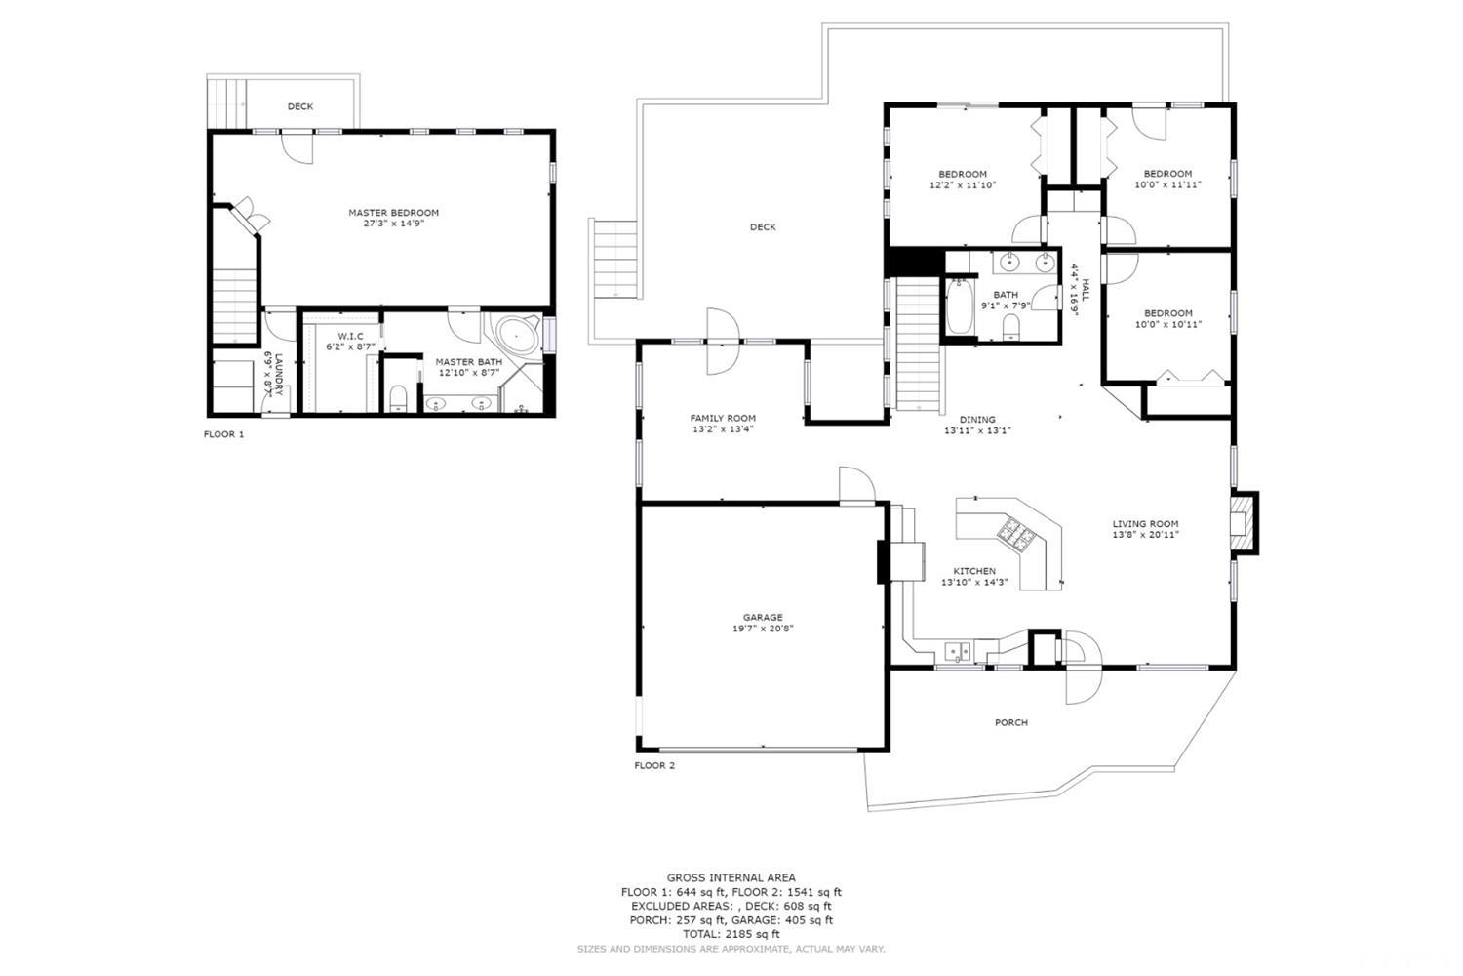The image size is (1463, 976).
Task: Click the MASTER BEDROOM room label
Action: (393, 213)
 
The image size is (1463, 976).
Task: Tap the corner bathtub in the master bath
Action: (516, 337)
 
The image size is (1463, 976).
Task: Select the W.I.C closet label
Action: (349, 336)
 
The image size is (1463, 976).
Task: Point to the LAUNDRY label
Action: (278, 373)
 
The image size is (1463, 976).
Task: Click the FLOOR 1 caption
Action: (223, 434)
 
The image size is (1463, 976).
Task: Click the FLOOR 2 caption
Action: (654, 766)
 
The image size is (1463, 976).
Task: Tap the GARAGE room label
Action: (763, 618)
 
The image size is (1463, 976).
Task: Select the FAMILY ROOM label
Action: (723, 418)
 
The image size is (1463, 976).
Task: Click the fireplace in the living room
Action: (1240, 524)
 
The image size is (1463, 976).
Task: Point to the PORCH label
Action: (1011, 723)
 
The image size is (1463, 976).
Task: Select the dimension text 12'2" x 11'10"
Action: (962, 184)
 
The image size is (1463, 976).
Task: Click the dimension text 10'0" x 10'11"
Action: (1167, 324)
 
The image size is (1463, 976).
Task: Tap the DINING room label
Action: (976, 419)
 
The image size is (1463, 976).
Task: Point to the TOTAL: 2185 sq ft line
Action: (731, 934)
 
